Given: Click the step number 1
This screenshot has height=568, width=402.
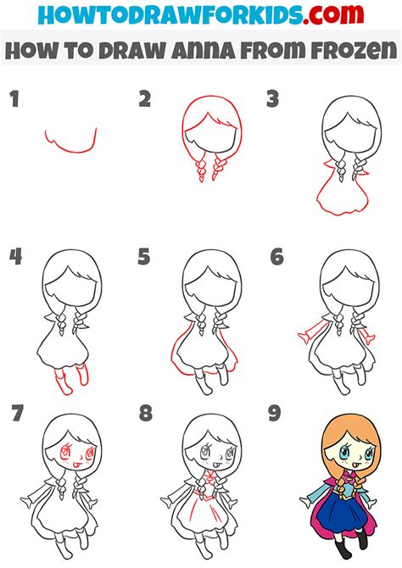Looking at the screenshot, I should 14,101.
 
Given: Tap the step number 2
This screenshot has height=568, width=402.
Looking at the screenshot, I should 145,101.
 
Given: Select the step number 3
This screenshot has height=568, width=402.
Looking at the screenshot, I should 272,101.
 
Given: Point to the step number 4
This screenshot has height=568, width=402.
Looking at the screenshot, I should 14,257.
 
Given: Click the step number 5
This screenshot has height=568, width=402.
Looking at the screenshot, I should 145,257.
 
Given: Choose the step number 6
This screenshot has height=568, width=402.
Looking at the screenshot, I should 276,257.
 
